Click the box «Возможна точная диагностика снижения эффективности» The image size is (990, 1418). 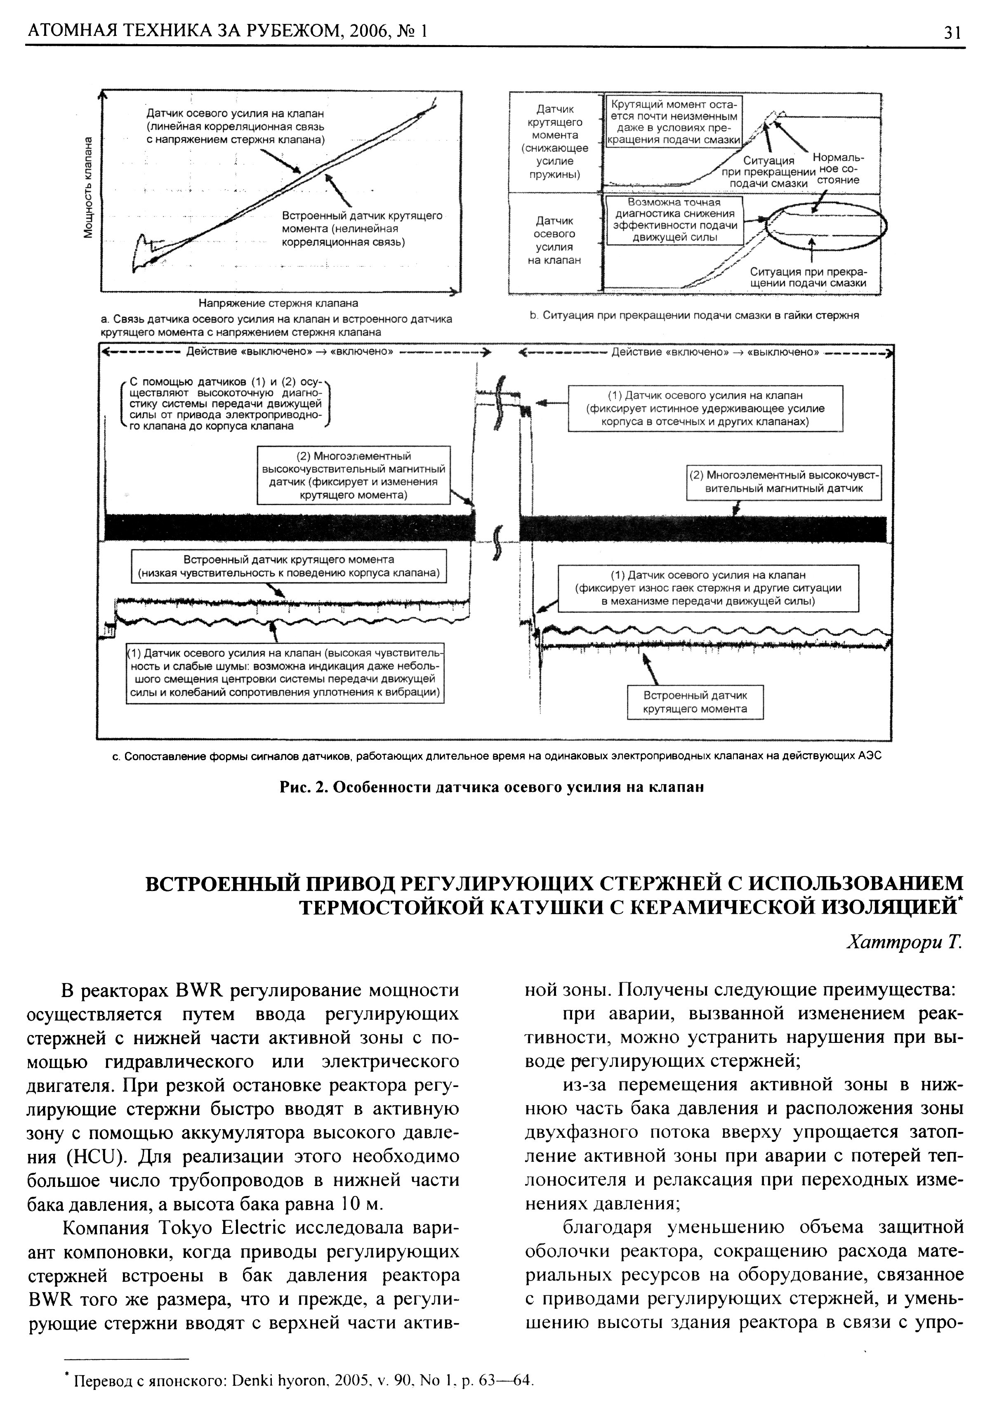[674, 220]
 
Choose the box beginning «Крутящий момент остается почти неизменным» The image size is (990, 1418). [673, 121]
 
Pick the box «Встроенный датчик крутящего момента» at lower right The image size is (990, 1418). [695, 702]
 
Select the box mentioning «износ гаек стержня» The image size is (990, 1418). [708, 588]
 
